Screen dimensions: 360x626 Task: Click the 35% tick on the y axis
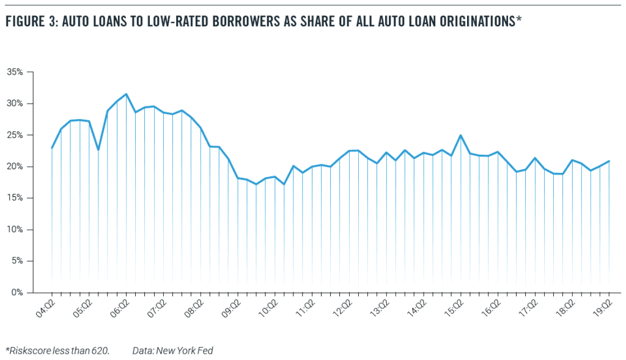(15, 72)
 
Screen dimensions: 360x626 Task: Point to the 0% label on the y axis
(17, 293)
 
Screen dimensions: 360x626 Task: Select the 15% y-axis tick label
(15, 198)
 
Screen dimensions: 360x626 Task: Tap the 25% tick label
(15, 135)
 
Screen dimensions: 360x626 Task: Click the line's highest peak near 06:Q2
(126, 94)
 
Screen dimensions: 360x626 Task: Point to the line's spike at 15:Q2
(460, 136)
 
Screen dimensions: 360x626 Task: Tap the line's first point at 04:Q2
(52, 148)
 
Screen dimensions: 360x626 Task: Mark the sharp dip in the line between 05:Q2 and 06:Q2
(98, 149)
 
